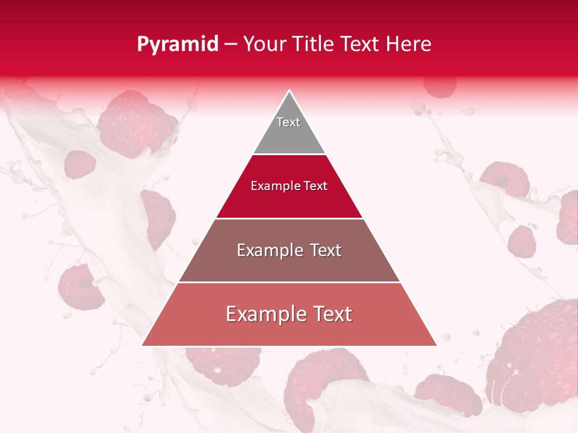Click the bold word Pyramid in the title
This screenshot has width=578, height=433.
178,45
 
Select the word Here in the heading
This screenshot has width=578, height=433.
409,45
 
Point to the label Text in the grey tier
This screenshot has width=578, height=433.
288,122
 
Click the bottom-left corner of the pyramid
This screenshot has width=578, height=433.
143,345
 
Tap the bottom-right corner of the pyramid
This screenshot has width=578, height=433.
436,345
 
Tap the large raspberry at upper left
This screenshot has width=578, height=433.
135,123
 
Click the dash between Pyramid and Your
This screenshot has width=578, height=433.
231,45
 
